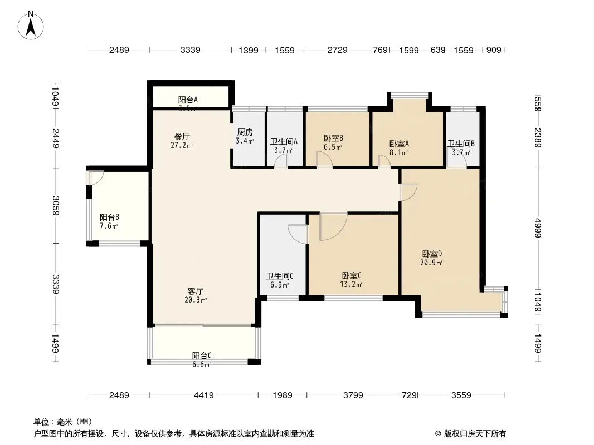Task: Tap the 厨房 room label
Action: coord(245,132)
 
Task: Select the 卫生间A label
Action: coord(284,141)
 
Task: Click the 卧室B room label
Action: coord(333,139)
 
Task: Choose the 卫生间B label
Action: coord(461,143)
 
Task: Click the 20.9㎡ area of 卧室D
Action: coord(431,263)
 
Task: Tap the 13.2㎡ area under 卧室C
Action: coord(352,285)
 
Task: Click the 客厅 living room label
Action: coord(195,291)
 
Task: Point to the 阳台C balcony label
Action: coord(202,355)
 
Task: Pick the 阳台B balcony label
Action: coord(109,217)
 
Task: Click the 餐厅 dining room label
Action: coord(182,136)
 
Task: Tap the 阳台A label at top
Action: coord(188,100)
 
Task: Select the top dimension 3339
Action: coord(191,50)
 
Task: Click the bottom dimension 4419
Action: coord(203,395)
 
